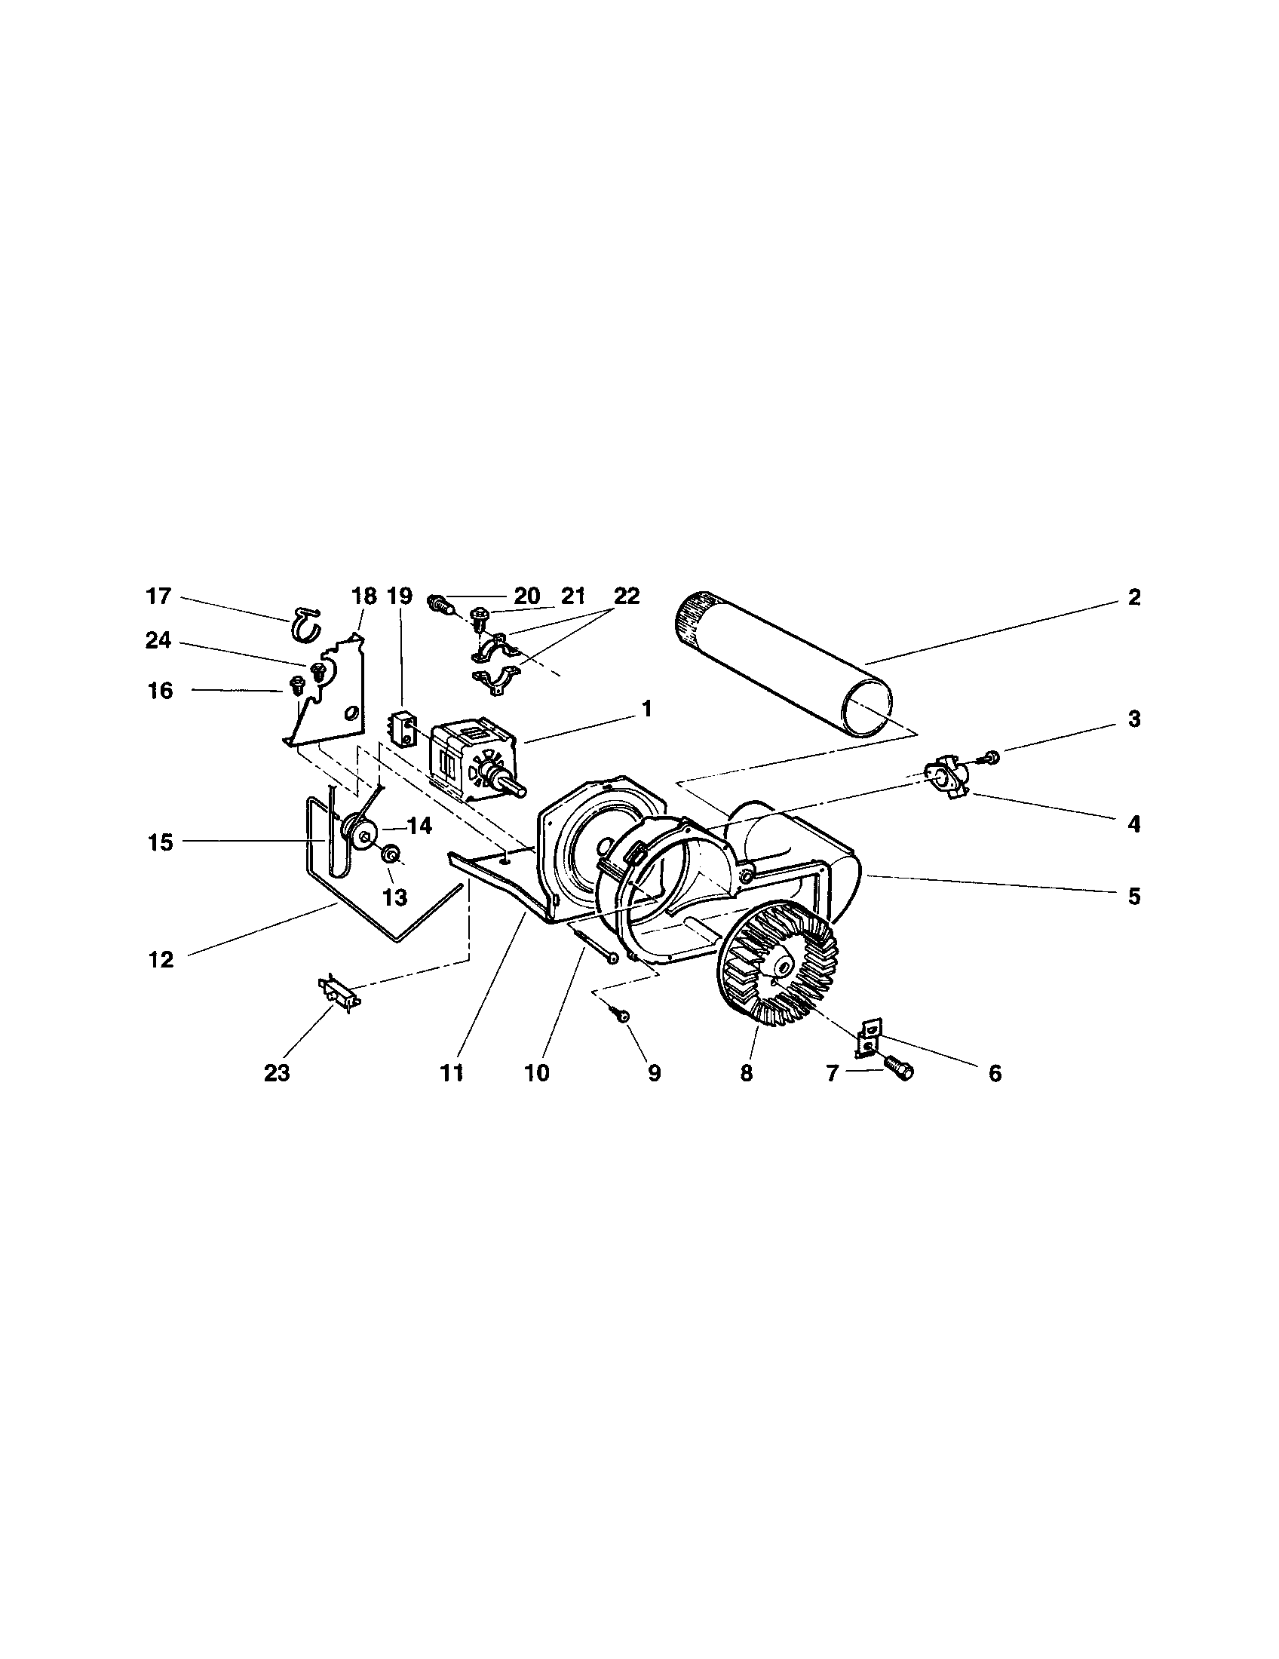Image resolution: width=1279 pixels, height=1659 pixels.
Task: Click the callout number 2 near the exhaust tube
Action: coord(1133,597)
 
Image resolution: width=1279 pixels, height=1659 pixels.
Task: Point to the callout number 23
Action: coord(278,1074)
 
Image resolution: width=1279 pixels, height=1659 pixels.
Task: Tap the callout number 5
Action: coord(1133,897)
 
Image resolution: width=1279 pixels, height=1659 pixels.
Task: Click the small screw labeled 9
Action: coord(621,1017)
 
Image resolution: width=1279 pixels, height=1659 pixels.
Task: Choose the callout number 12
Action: coord(161,960)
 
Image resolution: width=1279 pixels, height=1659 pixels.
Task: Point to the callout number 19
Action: coord(400,596)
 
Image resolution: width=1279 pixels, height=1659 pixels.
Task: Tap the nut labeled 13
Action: coord(393,854)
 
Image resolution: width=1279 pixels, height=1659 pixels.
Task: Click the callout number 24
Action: coord(158,641)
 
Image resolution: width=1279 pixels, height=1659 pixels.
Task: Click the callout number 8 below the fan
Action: coord(746,1074)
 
